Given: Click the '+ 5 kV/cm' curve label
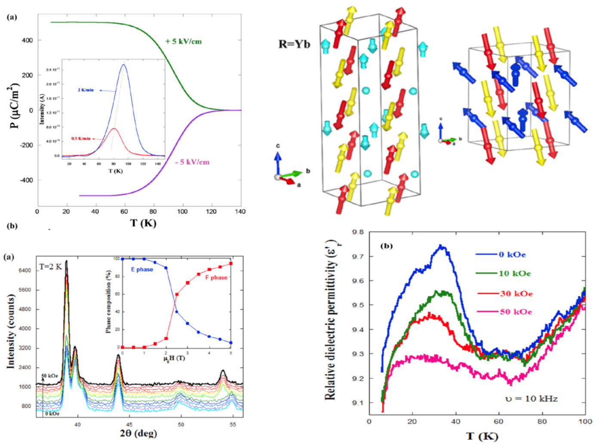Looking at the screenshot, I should [x=183, y=42].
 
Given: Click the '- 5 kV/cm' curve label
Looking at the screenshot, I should [x=192, y=162].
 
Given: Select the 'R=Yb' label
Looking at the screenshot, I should [x=294, y=44].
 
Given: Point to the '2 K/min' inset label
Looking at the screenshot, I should [x=86, y=90].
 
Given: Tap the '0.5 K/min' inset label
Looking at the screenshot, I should [x=81, y=138].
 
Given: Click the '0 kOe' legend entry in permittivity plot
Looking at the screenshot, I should [x=512, y=254].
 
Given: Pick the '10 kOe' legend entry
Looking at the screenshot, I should [x=514, y=273].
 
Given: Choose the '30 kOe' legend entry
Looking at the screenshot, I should [x=516, y=293].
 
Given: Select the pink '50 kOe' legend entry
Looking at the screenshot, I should [x=516, y=312].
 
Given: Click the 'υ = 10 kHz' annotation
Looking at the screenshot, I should [x=531, y=399].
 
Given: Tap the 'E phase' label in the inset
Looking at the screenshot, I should [x=142, y=269].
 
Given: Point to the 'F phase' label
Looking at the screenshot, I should [x=216, y=278].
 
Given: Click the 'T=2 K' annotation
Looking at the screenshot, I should [x=51, y=266].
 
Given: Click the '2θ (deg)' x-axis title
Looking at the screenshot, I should [x=138, y=433].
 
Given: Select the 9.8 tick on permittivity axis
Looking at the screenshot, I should [x=358, y=232].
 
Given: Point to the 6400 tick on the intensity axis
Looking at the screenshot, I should [x=25, y=270].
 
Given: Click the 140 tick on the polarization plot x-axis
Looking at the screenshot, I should [x=240, y=211].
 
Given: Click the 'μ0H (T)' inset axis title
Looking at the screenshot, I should [x=174, y=358].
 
